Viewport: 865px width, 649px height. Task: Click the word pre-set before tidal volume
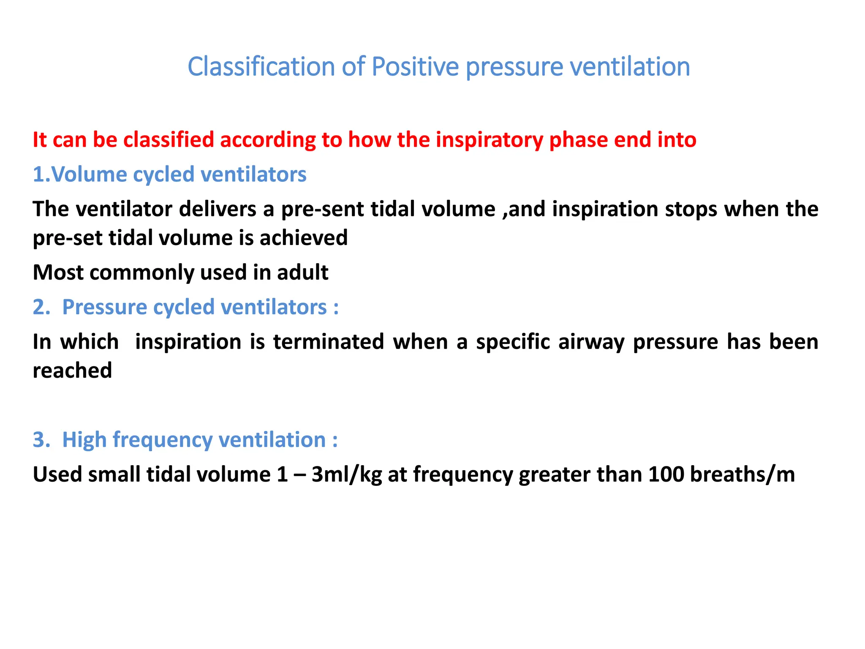pyautogui.click(x=68, y=238)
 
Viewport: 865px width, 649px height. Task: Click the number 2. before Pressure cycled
pyautogui.click(x=41, y=307)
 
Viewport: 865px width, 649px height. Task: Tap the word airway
pyautogui.click(x=591, y=342)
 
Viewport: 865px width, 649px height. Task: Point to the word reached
pyautogui.click(x=72, y=371)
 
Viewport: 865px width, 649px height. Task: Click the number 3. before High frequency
pyautogui.click(x=41, y=440)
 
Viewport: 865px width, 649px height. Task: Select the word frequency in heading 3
pyautogui.click(x=162, y=440)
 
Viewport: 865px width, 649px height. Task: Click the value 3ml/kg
pyautogui.click(x=347, y=474)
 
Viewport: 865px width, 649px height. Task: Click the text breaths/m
pyautogui.click(x=742, y=474)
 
